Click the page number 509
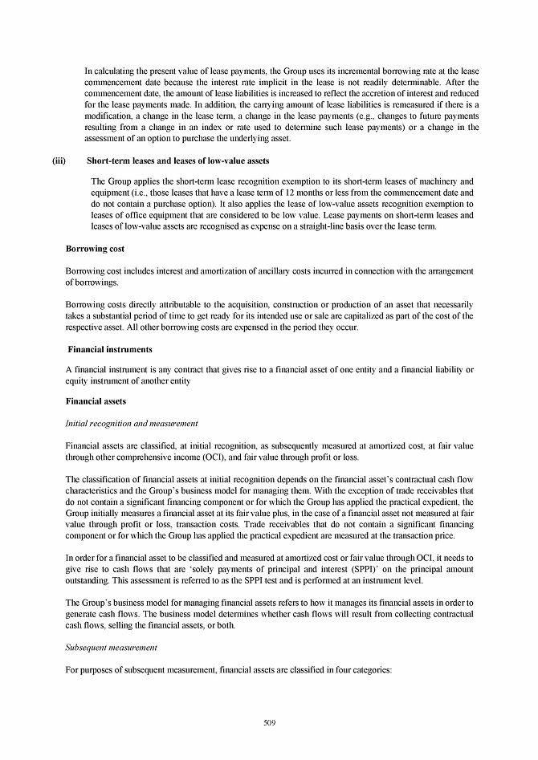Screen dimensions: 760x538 point(269,723)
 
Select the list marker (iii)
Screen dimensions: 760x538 point(58,161)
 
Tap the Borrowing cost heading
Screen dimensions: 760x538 point(95,250)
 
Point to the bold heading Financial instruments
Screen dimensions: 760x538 point(109,350)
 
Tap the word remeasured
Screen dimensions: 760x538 point(418,104)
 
